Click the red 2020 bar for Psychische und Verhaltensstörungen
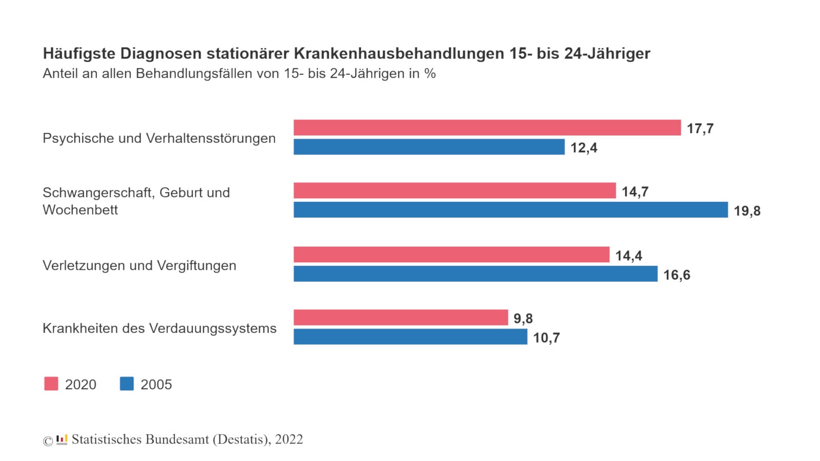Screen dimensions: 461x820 click(x=487, y=128)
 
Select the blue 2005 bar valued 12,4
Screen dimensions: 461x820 click(x=429, y=147)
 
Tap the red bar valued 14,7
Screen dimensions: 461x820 click(x=455, y=191)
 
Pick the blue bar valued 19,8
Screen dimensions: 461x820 click(x=510, y=210)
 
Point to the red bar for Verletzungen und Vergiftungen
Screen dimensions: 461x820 click(x=452, y=255)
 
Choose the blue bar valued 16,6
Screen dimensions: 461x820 click(x=475, y=274)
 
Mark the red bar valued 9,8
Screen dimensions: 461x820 click(x=401, y=318)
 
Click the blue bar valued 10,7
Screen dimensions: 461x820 click(x=410, y=337)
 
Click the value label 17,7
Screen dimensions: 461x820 click(x=700, y=129)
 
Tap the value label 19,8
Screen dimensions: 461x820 click(x=747, y=211)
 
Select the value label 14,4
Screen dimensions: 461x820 click(x=628, y=256)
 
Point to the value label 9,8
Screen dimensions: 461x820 click(x=523, y=319)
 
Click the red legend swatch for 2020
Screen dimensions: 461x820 click(x=51, y=384)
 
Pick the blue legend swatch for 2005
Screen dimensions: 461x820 click(x=127, y=384)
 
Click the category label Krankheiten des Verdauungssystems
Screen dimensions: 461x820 click(x=159, y=328)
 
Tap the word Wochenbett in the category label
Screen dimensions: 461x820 click(x=80, y=210)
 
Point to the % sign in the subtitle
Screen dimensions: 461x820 click(x=430, y=74)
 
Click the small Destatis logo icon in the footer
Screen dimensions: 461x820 click(x=62, y=439)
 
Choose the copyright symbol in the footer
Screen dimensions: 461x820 click(x=48, y=441)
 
